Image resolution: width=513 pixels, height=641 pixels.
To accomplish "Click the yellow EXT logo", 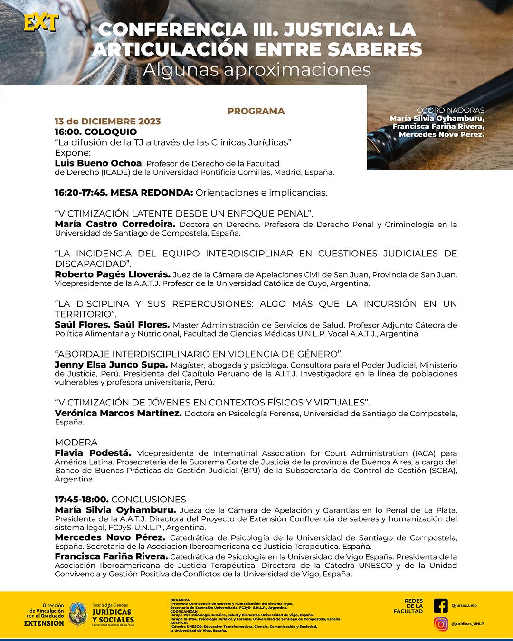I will (41, 22).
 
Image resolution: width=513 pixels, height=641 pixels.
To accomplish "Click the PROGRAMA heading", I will (256, 111).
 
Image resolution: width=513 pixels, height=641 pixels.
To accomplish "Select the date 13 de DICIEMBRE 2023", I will (108, 122).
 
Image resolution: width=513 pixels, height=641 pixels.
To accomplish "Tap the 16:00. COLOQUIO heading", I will (95, 132).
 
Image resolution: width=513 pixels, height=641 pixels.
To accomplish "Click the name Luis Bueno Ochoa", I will (98, 163).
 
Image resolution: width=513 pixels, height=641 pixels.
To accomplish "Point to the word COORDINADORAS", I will (450, 110).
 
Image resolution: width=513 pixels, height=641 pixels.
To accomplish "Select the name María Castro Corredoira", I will (115, 224).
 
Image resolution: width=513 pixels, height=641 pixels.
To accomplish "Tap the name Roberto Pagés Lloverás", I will (113, 274).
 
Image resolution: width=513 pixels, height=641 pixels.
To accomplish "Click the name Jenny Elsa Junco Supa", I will (111, 365).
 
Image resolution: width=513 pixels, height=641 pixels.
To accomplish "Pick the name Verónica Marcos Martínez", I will (118, 413).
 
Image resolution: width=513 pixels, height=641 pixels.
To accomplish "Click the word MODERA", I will (76, 443).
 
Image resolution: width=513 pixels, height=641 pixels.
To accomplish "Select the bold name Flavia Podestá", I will (93, 453).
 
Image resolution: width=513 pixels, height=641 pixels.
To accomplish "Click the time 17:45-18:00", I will (82, 500).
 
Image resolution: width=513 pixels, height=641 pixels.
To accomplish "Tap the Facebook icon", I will (441, 606).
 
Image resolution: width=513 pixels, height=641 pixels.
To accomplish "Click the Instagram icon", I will (441, 624).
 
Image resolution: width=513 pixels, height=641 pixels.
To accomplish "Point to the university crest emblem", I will (78, 614).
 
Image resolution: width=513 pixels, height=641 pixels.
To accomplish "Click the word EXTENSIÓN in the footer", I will (44, 623).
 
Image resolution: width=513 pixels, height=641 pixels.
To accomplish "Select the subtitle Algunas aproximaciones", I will (256, 70).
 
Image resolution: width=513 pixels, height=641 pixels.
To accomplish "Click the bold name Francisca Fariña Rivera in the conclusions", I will (111, 556).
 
